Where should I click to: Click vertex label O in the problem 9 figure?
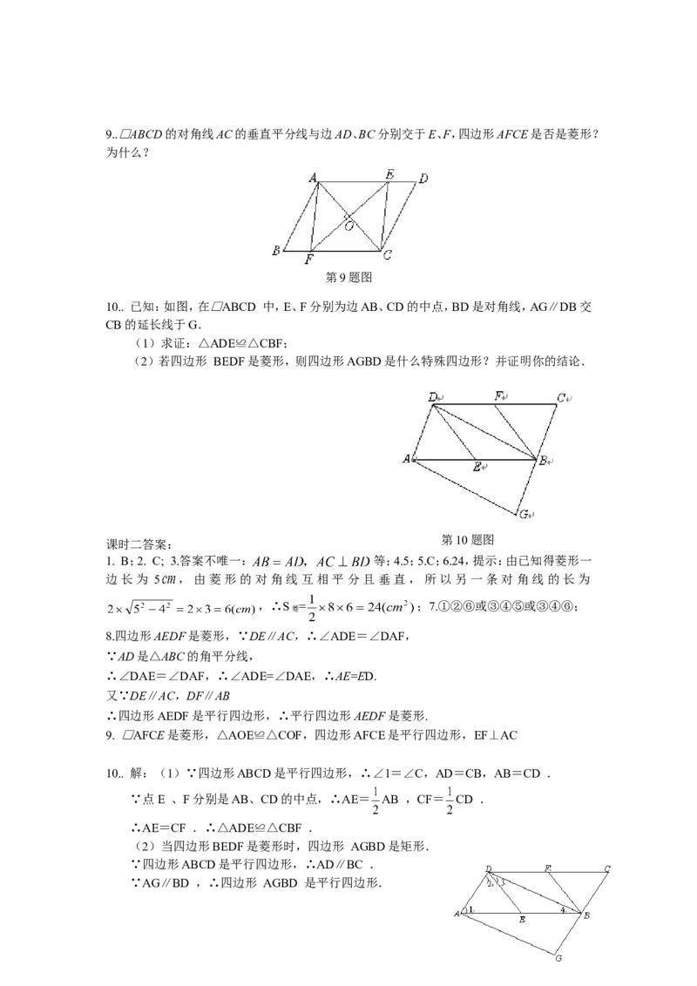click(349, 226)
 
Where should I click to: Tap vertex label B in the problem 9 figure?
click(275, 251)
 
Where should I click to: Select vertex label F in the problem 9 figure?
click(309, 259)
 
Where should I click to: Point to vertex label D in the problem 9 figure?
click(423, 179)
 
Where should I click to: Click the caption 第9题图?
click(349, 277)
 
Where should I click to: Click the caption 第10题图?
click(467, 539)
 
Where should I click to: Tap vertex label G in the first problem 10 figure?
click(524, 515)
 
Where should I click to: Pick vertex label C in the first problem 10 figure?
click(561, 397)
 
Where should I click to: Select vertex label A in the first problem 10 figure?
click(406, 459)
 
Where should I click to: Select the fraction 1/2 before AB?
click(376, 800)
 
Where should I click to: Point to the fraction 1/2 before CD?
click(450, 800)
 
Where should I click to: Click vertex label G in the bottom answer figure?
click(558, 958)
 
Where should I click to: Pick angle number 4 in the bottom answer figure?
click(563, 908)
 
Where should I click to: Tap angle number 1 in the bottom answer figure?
click(470, 908)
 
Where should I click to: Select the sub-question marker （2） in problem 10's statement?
click(144, 361)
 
